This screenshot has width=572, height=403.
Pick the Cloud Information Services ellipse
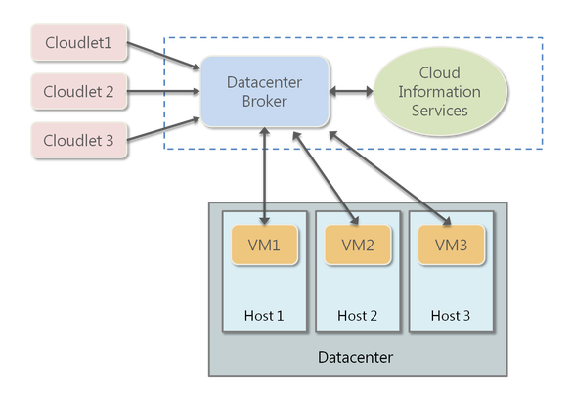(439, 91)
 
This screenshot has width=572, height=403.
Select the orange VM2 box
(358, 245)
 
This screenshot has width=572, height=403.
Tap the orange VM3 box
(451, 245)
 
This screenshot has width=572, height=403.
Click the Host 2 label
(358, 316)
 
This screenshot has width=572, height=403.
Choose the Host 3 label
(451, 316)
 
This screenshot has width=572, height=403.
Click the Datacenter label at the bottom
(356, 357)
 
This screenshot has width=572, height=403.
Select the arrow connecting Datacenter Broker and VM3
(390, 176)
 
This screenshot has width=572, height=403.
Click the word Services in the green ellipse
(439, 110)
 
